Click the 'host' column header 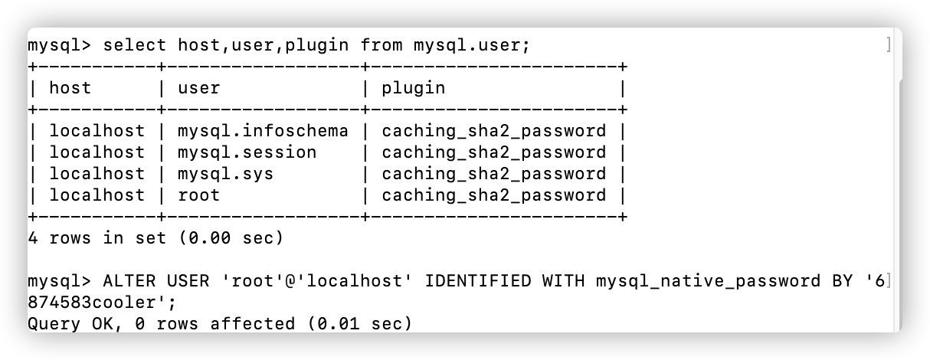[70, 88]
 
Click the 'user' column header [198, 88]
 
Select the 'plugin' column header [413, 88]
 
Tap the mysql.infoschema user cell [263, 131]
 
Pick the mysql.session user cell [247, 152]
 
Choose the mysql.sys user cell [225, 174]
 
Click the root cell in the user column [198, 195]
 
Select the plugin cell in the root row [493, 195]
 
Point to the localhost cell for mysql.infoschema [97, 131]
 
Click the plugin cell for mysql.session [493, 152]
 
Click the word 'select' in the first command [134, 45]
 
